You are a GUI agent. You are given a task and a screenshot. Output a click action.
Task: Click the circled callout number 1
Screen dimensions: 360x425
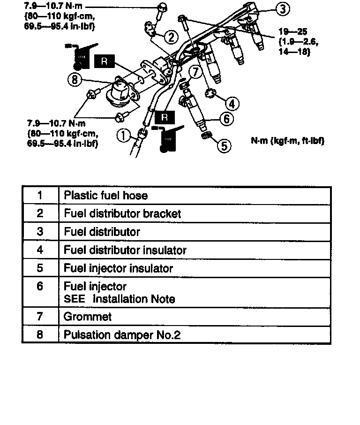click(x=123, y=136)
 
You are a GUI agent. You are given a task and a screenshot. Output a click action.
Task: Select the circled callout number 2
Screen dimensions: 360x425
click(x=171, y=37)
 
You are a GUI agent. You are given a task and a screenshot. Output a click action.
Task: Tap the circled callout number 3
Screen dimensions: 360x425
click(x=282, y=8)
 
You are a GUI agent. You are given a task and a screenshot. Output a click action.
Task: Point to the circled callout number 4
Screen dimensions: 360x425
click(x=232, y=103)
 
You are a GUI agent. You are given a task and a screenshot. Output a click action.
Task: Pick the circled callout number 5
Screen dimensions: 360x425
click(x=225, y=146)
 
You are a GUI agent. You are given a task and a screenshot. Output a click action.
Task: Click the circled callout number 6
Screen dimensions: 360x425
click(x=226, y=119)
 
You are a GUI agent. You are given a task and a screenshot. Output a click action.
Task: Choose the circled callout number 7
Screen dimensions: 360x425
click(x=195, y=72)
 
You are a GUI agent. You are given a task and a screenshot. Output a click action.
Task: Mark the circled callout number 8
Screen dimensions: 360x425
click(x=75, y=80)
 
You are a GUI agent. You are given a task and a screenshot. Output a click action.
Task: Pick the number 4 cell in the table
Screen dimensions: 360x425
click(x=40, y=250)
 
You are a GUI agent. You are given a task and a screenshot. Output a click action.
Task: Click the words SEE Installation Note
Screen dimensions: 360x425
click(x=119, y=299)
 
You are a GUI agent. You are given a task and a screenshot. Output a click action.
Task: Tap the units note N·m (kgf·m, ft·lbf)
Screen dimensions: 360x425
click(x=288, y=141)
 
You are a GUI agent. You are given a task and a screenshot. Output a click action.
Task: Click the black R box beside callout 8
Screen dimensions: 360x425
click(x=104, y=61)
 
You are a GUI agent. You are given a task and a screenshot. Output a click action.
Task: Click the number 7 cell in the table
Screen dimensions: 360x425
click(x=40, y=317)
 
